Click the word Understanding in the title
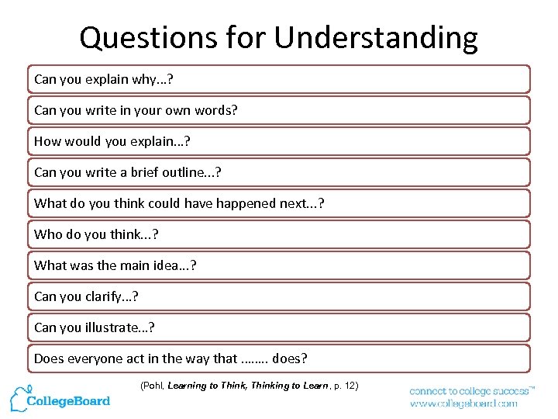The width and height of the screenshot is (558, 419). point(393,38)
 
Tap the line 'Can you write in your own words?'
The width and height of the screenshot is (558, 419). point(136,110)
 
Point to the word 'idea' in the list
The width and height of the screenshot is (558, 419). point(166,265)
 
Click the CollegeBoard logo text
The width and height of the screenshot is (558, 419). point(69,401)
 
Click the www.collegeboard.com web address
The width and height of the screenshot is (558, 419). point(463,403)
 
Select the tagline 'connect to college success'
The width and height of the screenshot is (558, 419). point(468,391)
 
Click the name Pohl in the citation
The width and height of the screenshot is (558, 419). point(153,386)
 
